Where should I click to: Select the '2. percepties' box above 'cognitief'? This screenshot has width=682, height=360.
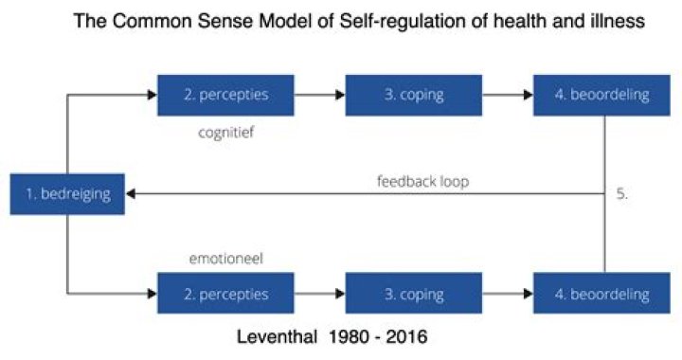pos(214,96)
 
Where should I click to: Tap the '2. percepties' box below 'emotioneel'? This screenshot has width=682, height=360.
pos(214,294)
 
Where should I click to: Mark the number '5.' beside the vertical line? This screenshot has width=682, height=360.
pos(622,193)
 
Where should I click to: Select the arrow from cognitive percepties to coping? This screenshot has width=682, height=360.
pos(308,96)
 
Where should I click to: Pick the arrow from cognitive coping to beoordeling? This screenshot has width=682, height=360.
pos(496,96)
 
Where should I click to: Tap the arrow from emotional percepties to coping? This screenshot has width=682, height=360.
pos(308,294)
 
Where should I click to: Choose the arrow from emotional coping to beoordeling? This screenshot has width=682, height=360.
pos(496,294)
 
